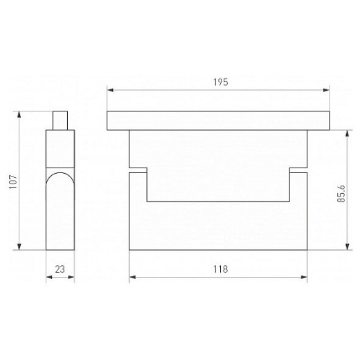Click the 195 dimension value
point(221,82)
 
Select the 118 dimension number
point(221,269)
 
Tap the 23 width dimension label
point(60,269)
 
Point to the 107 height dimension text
point(13,181)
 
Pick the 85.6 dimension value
point(341,193)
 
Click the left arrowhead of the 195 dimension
point(110,90)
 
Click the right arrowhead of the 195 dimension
point(327,90)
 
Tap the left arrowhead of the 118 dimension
point(132,277)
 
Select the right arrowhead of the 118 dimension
point(304,277)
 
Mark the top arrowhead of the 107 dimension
point(19,114)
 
